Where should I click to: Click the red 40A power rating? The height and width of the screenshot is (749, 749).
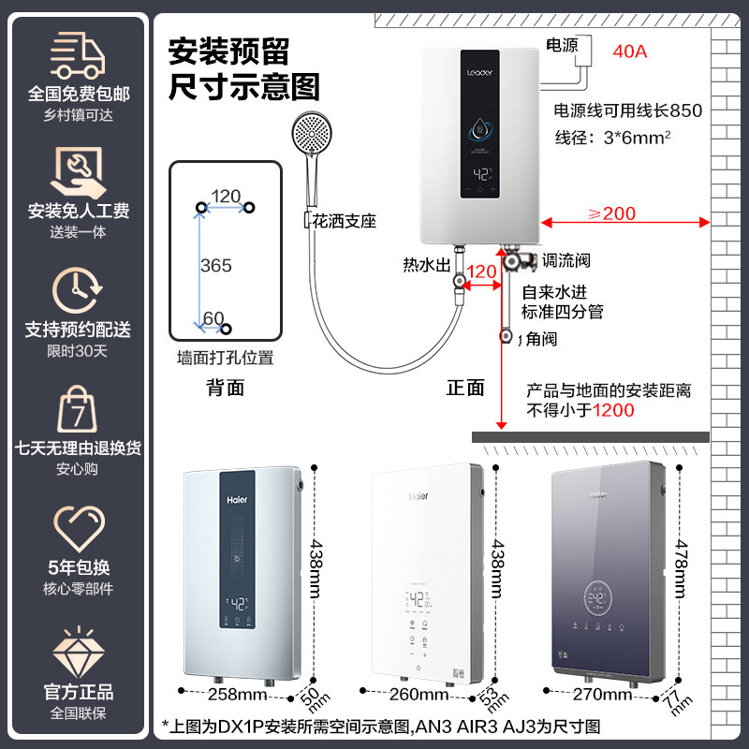pos(628,51)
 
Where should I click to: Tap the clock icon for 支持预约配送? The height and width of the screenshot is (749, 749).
pos(78,289)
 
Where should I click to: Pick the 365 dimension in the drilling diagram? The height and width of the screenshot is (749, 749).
pos(215,266)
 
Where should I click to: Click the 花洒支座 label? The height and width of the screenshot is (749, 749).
pos(345,222)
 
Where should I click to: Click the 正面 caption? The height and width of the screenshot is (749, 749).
pos(465,387)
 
